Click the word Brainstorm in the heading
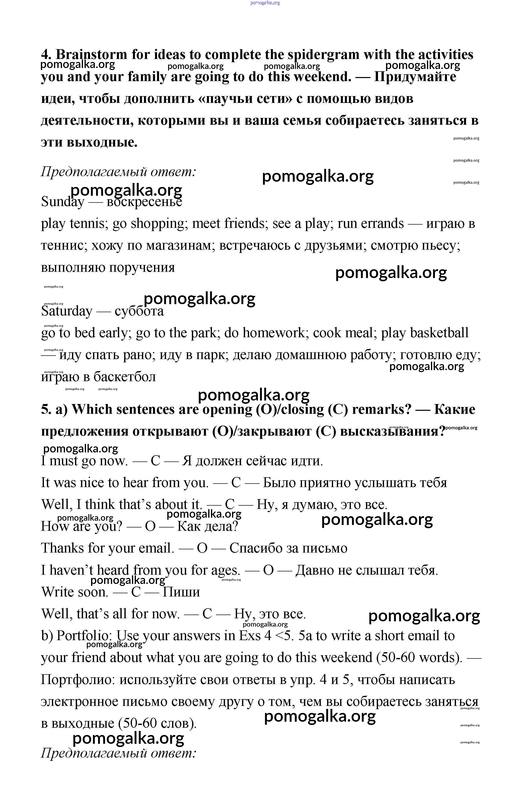pyautogui.click(x=91, y=55)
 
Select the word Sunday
pyautogui.click(x=62, y=202)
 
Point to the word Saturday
pyautogui.click(x=66, y=311)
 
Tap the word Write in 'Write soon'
pyautogui.click(x=58, y=592)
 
